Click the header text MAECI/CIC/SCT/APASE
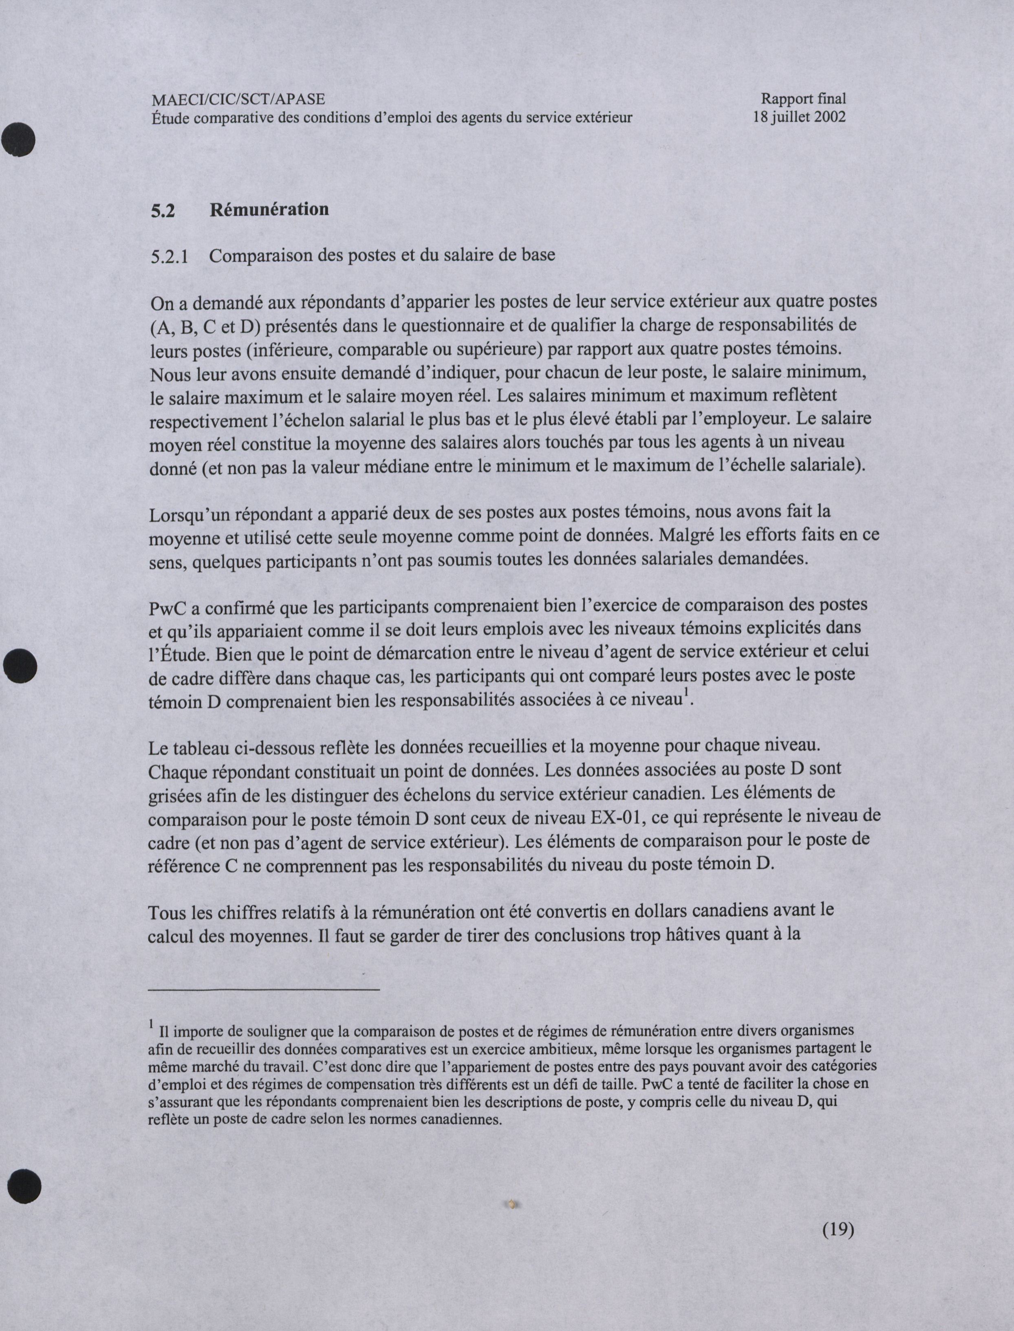click(x=238, y=99)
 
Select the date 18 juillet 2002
click(x=799, y=117)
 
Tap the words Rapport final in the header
click(x=803, y=98)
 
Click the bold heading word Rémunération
click(x=269, y=209)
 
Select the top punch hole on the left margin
click(x=19, y=139)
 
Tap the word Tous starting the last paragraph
click(x=167, y=912)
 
